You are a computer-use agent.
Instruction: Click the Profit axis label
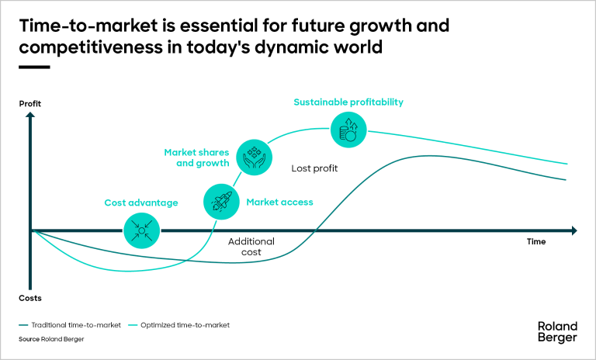[29, 104]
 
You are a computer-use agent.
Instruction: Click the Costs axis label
[30, 298]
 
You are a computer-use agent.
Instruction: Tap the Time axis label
[536, 241]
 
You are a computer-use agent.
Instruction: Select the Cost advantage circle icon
[141, 230]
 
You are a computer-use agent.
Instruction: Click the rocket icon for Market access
[219, 202]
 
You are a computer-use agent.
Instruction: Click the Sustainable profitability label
[348, 102]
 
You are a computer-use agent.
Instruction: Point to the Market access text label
[279, 202]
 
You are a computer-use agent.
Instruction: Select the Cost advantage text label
[141, 203]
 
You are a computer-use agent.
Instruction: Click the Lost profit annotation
[314, 168]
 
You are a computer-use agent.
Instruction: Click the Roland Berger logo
[557, 331]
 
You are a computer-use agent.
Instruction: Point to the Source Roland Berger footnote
[50, 340]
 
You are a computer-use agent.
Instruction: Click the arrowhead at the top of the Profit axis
[30, 116]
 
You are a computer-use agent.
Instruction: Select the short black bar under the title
[33, 67]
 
